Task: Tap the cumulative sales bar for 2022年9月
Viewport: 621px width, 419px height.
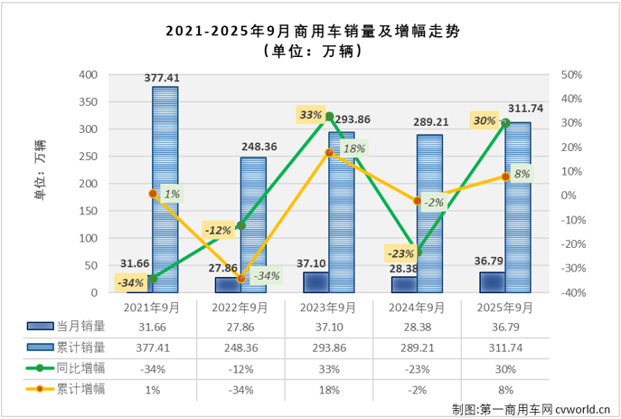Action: tap(253, 225)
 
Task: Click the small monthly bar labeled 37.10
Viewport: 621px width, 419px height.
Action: tap(315, 282)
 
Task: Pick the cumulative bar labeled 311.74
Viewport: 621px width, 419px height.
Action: tap(518, 208)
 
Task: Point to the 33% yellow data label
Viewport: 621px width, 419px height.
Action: tap(311, 115)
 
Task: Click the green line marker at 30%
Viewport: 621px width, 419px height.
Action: tap(505, 123)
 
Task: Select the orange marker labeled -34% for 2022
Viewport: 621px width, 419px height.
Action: tap(240, 279)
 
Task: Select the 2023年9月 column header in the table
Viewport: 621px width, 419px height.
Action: tap(328, 308)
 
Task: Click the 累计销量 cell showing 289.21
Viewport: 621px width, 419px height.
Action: tap(417, 348)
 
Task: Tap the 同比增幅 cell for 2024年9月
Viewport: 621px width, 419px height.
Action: tap(417, 368)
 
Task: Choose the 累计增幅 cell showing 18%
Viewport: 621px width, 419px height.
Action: tap(328, 389)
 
